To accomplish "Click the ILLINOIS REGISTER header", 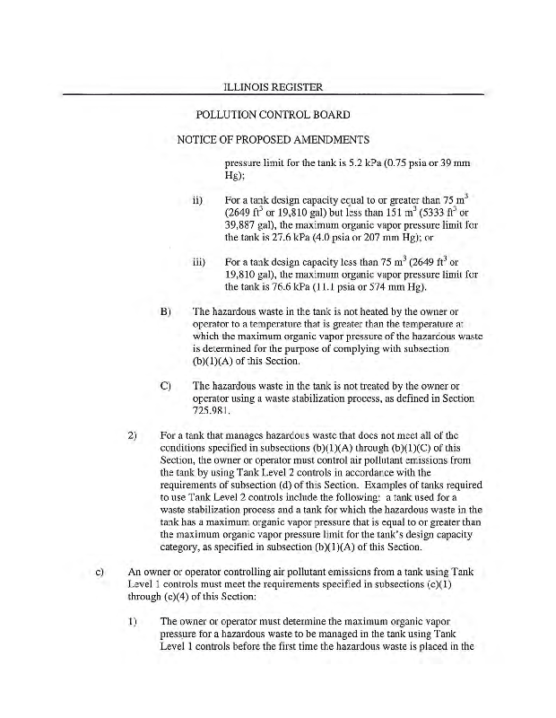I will pos(273,87).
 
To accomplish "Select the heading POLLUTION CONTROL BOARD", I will pos(273,116).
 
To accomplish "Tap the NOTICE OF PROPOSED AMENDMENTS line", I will pos(273,141).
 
